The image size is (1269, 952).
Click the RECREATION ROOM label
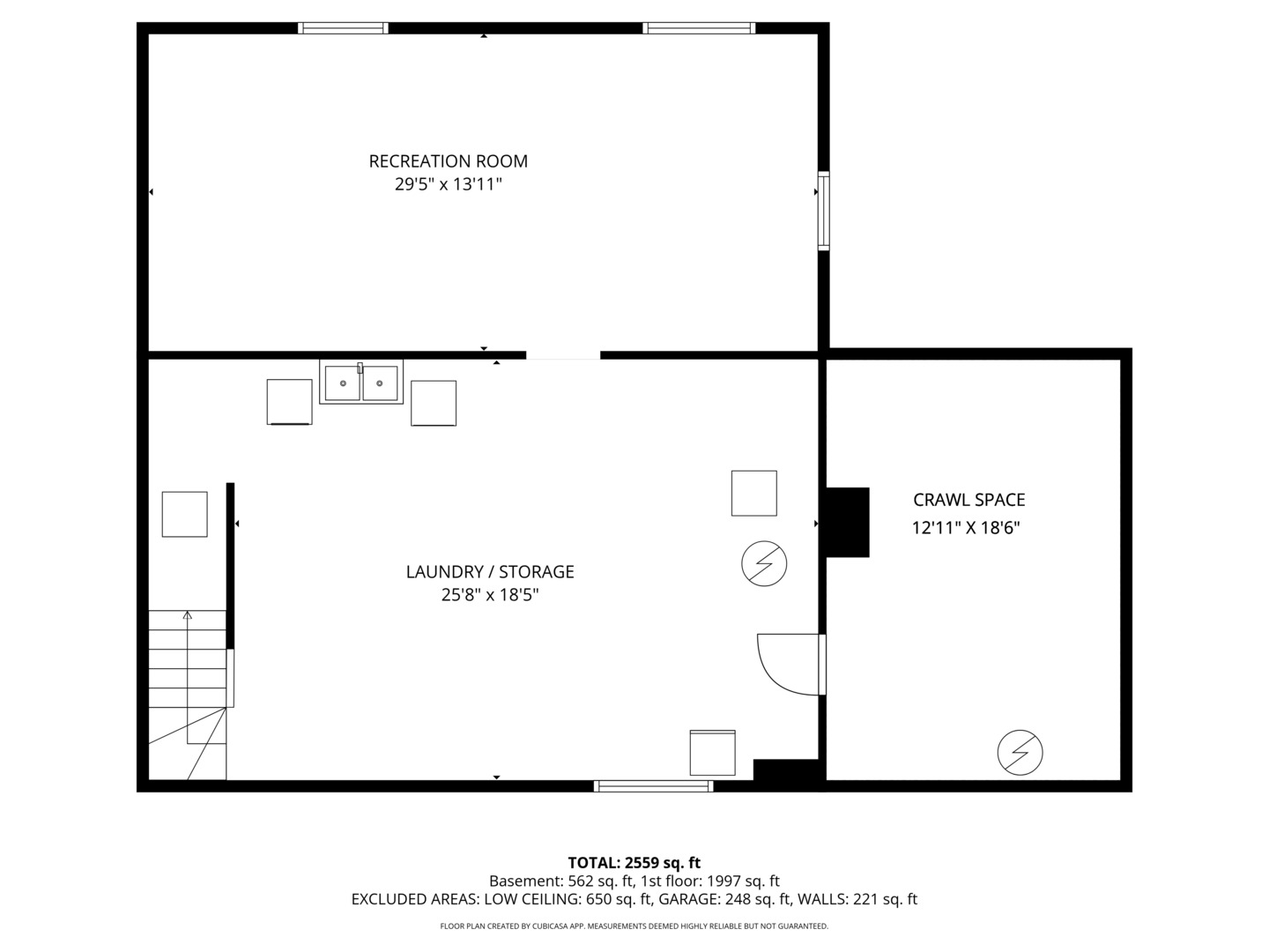coord(448,161)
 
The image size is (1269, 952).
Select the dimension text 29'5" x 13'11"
coord(448,184)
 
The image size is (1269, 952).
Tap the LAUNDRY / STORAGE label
coord(490,572)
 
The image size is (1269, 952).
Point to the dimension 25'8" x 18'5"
coord(490,595)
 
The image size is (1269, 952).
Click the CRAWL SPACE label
coord(968,500)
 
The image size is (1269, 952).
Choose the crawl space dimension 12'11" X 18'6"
coord(966,528)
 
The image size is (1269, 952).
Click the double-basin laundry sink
coord(361,383)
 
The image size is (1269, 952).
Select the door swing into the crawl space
coord(787,663)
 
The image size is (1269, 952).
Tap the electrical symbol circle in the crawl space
coord(1020,753)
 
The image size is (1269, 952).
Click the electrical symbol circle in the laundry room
coord(764,563)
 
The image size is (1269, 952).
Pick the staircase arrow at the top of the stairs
coord(187,615)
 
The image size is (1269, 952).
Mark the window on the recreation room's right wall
coord(823,211)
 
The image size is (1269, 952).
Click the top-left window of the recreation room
coord(343,28)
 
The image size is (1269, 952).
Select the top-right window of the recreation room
coord(699,28)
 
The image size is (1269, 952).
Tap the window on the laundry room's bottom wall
coord(653,785)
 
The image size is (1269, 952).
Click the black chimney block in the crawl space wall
coord(846,522)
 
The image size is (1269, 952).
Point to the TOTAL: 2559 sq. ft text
coord(634,863)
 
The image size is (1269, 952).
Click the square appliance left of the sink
coord(289,402)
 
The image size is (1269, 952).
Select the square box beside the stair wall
coord(184,514)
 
